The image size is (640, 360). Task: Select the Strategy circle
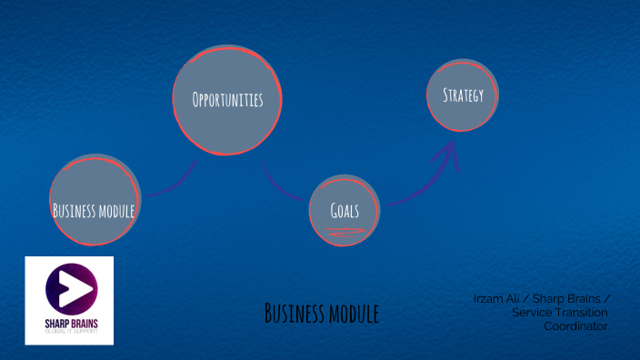tap(463, 95)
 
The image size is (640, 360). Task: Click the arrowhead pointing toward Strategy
tap(447, 151)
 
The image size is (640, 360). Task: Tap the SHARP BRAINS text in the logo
tap(69, 325)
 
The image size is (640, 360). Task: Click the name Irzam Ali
tap(498, 298)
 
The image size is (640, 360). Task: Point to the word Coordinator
tap(575, 326)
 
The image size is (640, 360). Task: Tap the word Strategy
tap(463, 95)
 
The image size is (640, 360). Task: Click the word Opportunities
tap(227, 100)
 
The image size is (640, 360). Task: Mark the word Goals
tap(345, 210)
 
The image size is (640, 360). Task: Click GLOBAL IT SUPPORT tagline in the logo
tap(69, 334)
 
